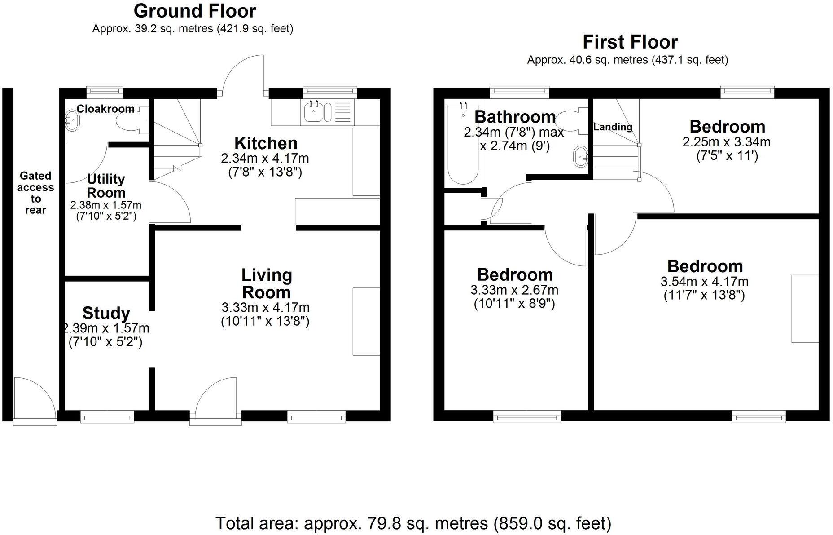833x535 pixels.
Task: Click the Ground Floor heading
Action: (195, 11)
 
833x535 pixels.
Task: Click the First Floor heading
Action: (630, 42)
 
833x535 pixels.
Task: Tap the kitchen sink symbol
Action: (313, 112)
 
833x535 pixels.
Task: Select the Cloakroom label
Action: (105, 109)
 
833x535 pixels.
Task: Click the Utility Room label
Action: (106, 186)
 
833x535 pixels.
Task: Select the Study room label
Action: (106, 313)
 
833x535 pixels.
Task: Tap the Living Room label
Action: (267, 283)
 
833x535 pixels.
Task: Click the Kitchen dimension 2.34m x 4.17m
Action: (265, 159)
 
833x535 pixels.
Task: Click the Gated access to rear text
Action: (35, 193)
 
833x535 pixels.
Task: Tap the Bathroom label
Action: (515, 117)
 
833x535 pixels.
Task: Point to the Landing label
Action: (613, 127)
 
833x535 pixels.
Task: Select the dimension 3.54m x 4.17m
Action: (704, 282)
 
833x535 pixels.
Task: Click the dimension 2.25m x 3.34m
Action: (726, 142)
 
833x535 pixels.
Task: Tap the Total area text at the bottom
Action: (413, 523)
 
